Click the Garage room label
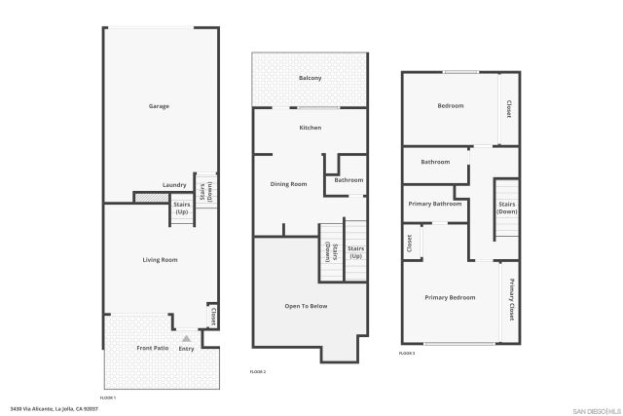click(159, 106)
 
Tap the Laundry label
click(174, 185)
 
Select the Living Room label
click(159, 259)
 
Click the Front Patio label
click(152, 348)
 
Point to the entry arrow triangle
click(186, 338)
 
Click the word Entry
click(186, 349)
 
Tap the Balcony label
click(311, 78)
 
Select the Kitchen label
click(311, 128)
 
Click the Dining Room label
click(288, 184)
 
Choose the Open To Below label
click(306, 306)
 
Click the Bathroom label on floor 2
click(348, 180)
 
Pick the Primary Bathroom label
click(434, 204)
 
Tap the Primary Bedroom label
click(450, 296)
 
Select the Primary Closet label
click(511, 300)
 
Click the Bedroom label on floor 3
click(450, 105)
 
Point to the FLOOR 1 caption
click(108, 397)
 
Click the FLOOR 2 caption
click(258, 372)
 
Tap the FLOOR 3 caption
click(408, 353)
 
